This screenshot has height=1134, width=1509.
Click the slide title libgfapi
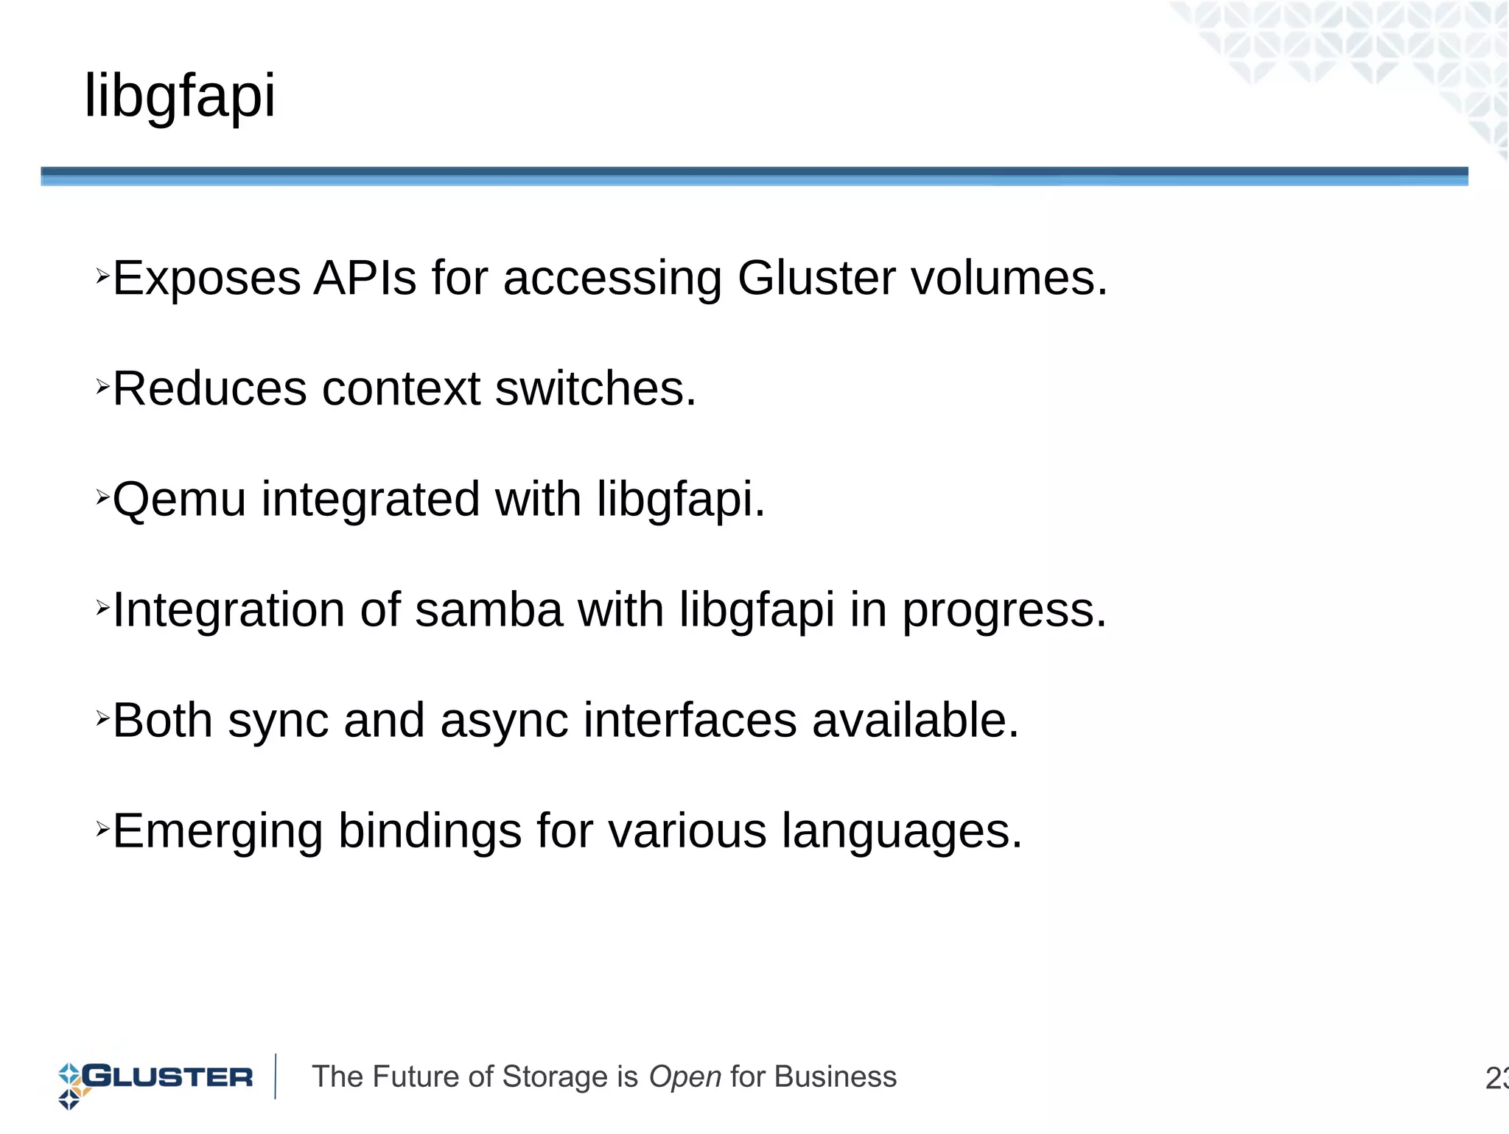(180, 96)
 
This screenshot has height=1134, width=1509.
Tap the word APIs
(365, 279)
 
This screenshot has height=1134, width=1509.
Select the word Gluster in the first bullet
(816, 279)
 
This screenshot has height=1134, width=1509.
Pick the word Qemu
(179, 500)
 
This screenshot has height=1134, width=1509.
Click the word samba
(489, 610)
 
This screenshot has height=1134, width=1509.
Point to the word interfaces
(690, 721)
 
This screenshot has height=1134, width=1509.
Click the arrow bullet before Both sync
(102, 717)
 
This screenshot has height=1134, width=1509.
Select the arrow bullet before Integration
(102, 606)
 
